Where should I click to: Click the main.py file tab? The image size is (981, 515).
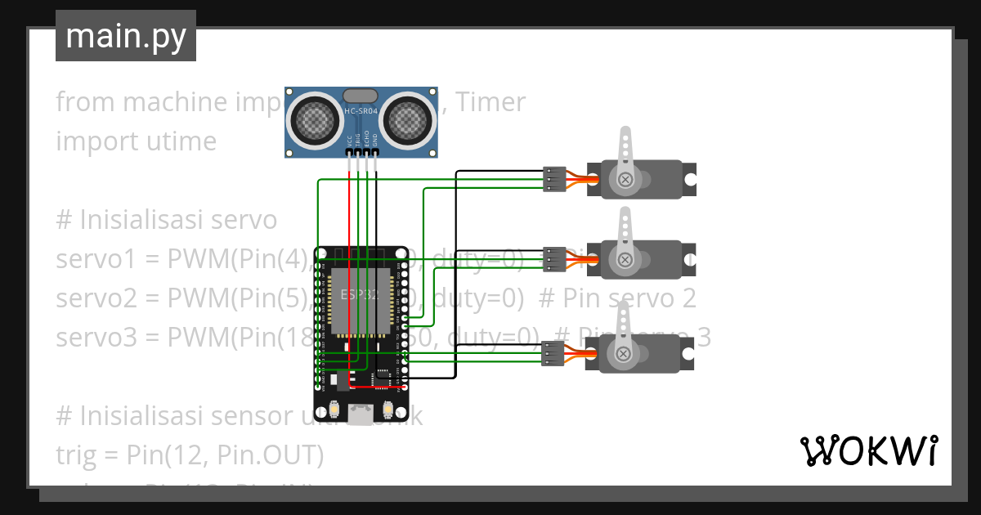pos(125,37)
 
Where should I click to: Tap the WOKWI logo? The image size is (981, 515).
pos(868,450)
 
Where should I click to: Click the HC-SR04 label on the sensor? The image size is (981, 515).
pos(361,111)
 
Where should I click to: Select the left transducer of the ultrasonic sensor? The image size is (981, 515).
pos(314,119)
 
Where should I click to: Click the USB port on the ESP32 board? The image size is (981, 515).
pos(360,414)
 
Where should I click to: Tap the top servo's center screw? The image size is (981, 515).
pos(625,179)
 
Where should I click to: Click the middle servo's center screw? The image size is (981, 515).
pos(625,259)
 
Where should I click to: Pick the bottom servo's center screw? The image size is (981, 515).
pos(624,353)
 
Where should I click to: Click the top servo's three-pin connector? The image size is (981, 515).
pos(554,179)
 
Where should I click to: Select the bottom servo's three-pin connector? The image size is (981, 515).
pos(553,353)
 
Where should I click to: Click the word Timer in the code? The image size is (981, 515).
pos(490,102)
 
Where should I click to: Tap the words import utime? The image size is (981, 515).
pos(136,141)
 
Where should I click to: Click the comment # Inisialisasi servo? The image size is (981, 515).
pos(167,220)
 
